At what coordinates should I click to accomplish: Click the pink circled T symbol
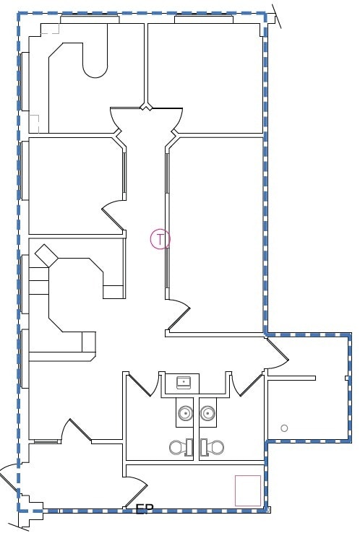tap(160, 239)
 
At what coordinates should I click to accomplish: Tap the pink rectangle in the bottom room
tap(248, 490)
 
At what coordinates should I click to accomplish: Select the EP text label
tap(142, 509)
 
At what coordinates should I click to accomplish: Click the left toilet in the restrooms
tap(178, 447)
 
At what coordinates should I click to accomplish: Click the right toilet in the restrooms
tap(215, 447)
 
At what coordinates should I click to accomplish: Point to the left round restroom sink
tap(185, 414)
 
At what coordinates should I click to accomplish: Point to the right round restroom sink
tap(208, 414)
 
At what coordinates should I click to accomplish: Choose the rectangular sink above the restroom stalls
tap(183, 382)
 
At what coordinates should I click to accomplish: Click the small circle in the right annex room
tap(284, 428)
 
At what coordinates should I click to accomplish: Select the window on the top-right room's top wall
tap(203, 20)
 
